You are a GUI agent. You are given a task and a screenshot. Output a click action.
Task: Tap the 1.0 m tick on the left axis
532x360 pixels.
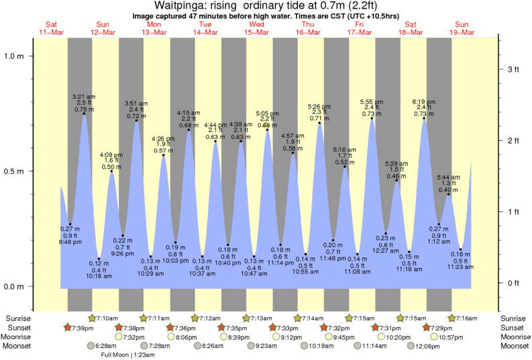click(x=14, y=56)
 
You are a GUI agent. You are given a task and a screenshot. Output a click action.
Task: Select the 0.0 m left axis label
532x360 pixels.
click(x=14, y=286)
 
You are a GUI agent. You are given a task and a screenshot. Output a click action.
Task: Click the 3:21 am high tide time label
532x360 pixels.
click(x=84, y=97)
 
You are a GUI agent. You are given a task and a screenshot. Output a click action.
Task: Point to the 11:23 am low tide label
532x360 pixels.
click(x=461, y=267)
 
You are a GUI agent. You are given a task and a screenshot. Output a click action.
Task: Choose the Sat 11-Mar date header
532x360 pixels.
click(x=51, y=28)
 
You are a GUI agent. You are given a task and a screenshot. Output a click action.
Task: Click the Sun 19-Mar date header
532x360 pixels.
click(x=462, y=28)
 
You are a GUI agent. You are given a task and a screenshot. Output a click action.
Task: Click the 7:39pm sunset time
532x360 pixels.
click(x=80, y=327)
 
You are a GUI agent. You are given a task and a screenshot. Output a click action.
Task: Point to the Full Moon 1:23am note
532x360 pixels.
click(x=128, y=355)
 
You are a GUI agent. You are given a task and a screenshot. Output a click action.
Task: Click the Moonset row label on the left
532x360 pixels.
click(x=19, y=346)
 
